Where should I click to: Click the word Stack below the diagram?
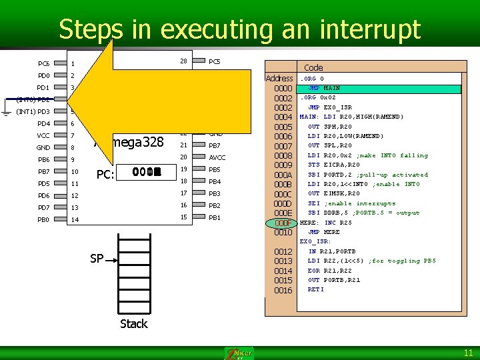pos(133,324)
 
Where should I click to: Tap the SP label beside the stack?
pos(97,258)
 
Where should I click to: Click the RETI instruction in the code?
pos(315,289)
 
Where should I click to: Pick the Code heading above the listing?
pos(313,67)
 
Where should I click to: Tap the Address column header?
pos(279,78)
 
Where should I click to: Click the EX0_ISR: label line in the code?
pos(315,241)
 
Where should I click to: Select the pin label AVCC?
pos(217,157)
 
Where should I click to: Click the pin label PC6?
pos(43,64)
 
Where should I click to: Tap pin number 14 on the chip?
pos(75,219)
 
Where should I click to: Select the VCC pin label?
pos(43,135)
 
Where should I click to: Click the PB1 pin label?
pos(215,218)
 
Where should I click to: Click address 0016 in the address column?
pos(283,291)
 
